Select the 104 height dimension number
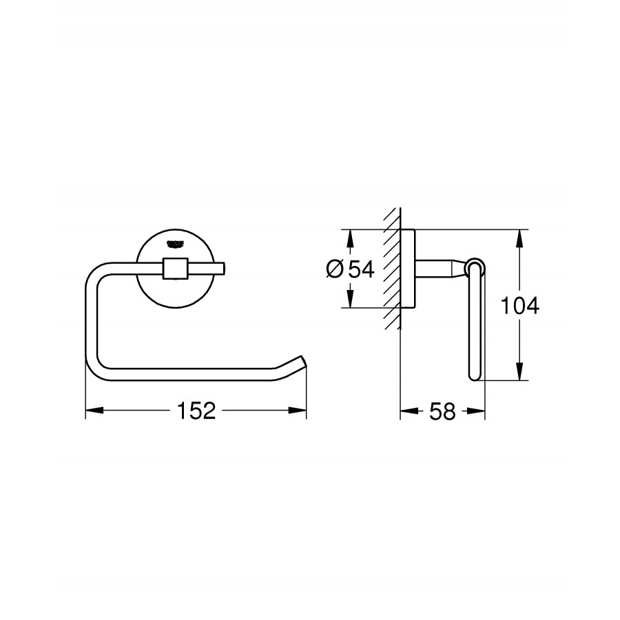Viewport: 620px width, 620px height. click(519, 305)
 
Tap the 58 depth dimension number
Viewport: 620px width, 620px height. click(442, 411)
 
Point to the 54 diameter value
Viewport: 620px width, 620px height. click(361, 269)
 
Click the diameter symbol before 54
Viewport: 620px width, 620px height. click(335, 269)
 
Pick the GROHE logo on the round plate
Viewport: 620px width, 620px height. click(176, 244)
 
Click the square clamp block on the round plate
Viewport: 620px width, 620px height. click(175, 269)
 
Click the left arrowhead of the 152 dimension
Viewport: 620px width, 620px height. click(94, 410)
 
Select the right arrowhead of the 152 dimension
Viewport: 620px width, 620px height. click(298, 410)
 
